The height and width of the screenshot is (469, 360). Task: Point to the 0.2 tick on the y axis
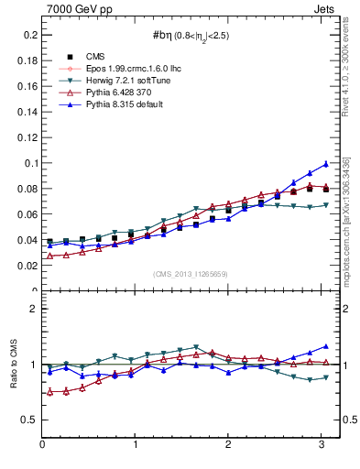pyautogui.click(x=27, y=35)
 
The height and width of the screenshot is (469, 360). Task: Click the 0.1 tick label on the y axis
pyautogui.click(x=27, y=163)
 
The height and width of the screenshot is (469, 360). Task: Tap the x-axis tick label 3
pyautogui.click(x=322, y=444)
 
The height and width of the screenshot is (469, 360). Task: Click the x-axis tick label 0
pyautogui.click(x=42, y=444)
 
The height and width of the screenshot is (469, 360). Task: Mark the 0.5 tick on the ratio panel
pyautogui.click(x=27, y=420)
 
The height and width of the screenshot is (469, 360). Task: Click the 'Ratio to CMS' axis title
pyautogui.click(x=12, y=364)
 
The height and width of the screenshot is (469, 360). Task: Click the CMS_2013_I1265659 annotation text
pyautogui.click(x=191, y=274)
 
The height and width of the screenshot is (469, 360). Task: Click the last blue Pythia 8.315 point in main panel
pyautogui.click(x=325, y=164)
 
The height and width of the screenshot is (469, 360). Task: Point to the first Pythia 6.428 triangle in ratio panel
pyautogui.click(x=49, y=392)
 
